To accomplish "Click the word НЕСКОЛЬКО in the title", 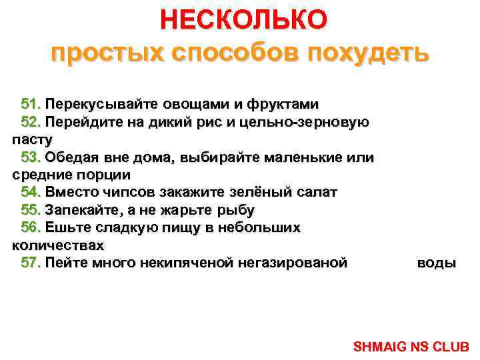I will tap(243, 19).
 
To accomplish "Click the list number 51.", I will tap(31, 105).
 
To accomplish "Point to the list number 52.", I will tap(31, 122).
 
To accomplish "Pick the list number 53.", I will tap(31, 157).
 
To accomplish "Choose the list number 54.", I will tap(31, 192).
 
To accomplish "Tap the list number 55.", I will tap(31, 210).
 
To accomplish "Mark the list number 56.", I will tap(31, 227).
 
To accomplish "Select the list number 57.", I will tap(31, 263).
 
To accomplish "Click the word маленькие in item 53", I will tap(308, 157).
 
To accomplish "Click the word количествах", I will tap(58, 245).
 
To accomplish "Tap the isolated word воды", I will tap(436, 263).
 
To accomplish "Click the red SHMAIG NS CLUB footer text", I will tap(411, 347).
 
